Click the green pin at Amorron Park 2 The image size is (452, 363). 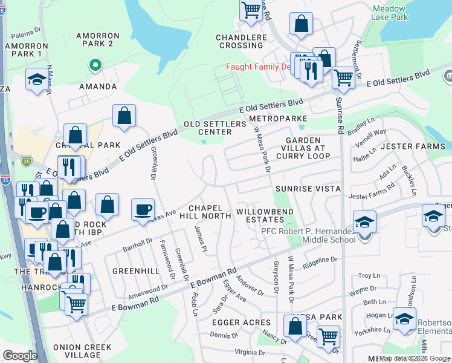pos(94,64)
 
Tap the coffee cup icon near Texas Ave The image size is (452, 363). pos(143,210)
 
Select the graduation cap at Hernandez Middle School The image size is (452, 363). pos(364,223)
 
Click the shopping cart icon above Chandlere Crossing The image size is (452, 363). pos(250,10)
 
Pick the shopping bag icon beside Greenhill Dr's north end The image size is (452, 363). pos(124,116)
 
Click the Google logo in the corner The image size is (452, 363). pos(20,356)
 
